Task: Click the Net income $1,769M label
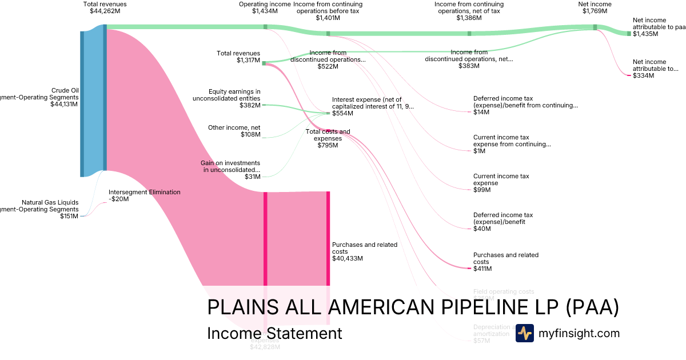pyautogui.click(x=595, y=7)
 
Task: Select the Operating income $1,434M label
pyautogui.click(x=265, y=7)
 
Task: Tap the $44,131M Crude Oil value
pyautogui.click(x=64, y=104)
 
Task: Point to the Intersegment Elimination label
pyautogui.click(x=144, y=193)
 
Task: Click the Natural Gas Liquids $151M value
pyautogui.click(x=69, y=216)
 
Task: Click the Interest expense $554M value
pyautogui.click(x=342, y=114)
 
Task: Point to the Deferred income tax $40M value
pyautogui.click(x=482, y=229)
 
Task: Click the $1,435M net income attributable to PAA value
pyautogui.click(x=645, y=34)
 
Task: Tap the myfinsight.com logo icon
pyautogui.click(x=524, y=333)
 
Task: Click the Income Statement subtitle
pyautogui.click(x=274, y=333)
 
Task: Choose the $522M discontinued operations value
pyautogui.click(x=328, y=66)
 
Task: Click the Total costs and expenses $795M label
pyautogui.click(x=328, y=138)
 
